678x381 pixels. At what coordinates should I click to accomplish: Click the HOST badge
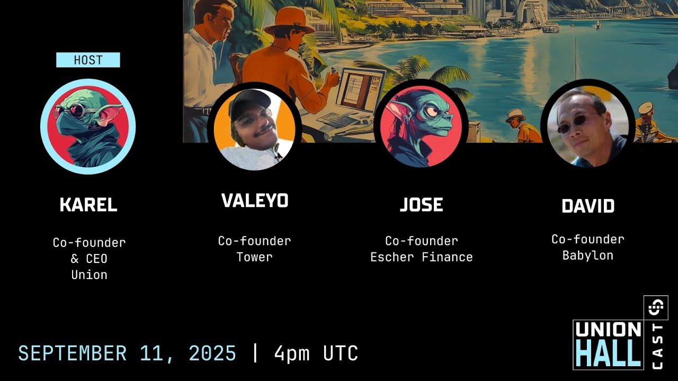(x=88, y=60)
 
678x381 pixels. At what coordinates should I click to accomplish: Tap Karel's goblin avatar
(x=88, y=126)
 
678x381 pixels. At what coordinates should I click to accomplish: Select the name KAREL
(x=88, y=205)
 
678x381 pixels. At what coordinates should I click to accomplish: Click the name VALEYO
(x=255, y=200)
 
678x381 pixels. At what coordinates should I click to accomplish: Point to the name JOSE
(x=422, y=205)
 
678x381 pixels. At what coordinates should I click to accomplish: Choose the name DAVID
(x=588, y=206)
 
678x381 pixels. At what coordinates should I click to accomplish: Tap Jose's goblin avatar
(x=421, y=126)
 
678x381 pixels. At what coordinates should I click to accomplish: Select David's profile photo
(x=588, y=126)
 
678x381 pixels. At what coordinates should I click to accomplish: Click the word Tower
(x=255, y=257)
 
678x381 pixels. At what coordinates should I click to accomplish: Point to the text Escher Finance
(x=422, y=257)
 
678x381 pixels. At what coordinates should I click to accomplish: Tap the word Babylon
(x=588, y=256)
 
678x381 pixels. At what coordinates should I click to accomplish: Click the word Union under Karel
(x=90, y=275)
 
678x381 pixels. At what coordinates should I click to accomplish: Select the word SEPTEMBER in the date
(x=73, y=353)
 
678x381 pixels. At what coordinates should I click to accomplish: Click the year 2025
(x=212, y=353)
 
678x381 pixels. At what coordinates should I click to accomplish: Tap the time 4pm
(x=292, y=353)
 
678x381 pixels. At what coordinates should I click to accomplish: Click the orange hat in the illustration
(x=289, y=21)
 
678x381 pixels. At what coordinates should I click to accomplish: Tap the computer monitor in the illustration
(x=361, y=90)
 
